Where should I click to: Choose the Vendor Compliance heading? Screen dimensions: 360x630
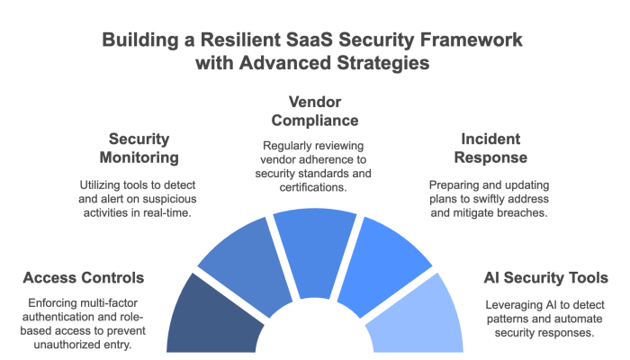(x=315, y=111)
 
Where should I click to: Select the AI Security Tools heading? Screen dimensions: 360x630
(x=539, y=276)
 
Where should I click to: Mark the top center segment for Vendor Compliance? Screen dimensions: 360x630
(x=315, y=238)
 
